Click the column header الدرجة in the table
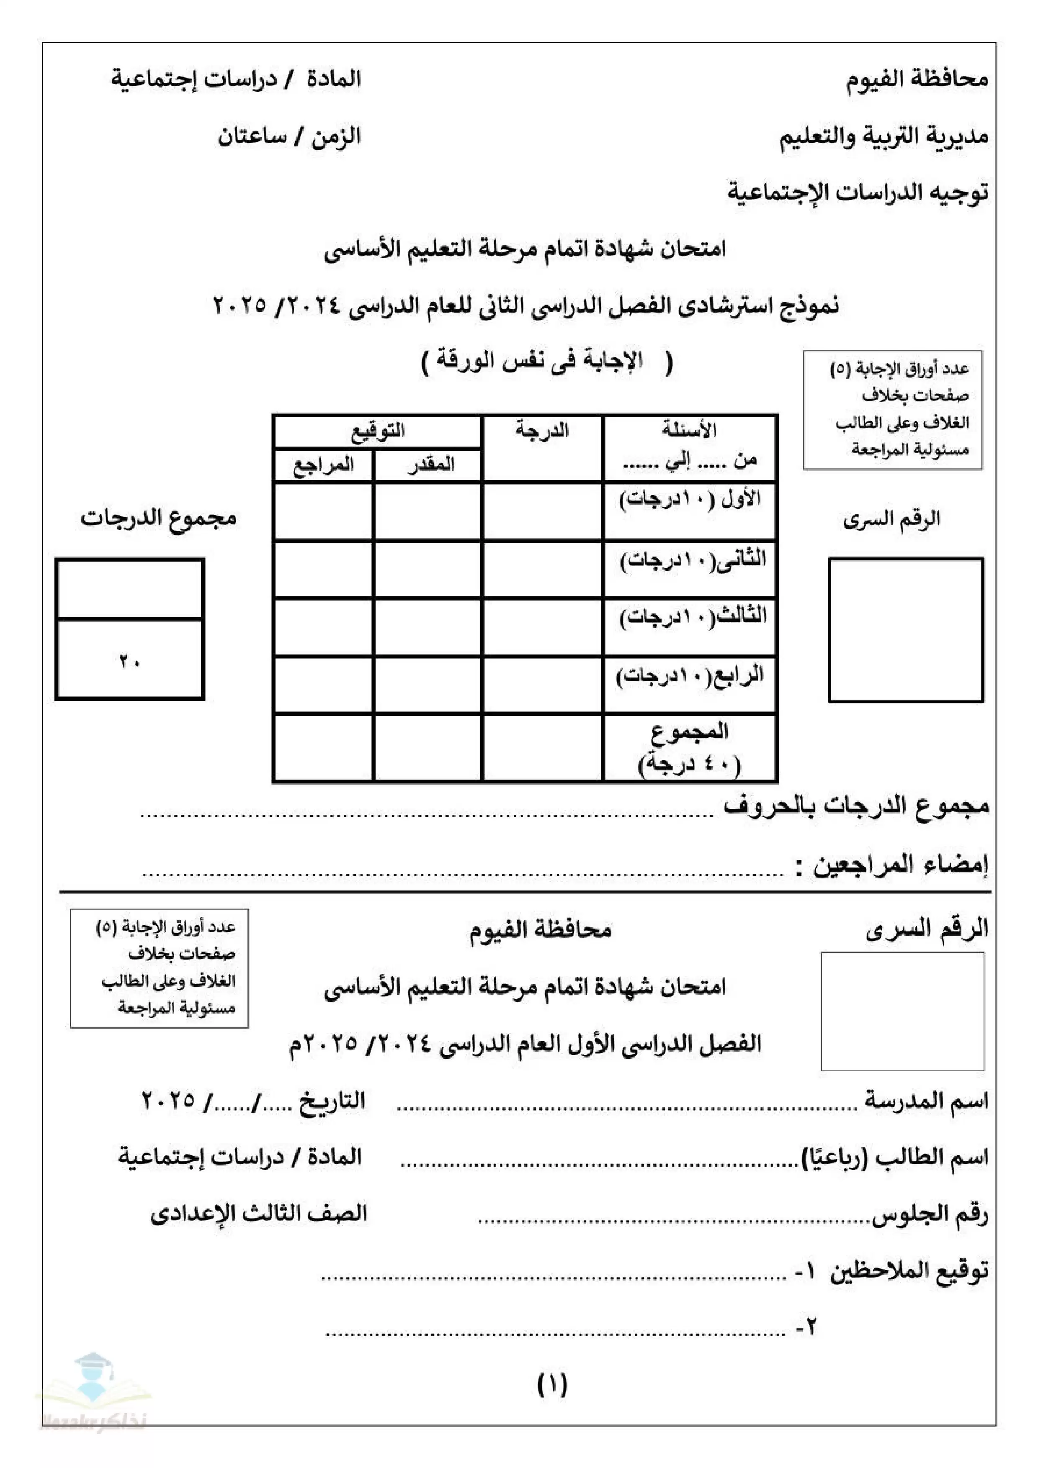(x=542, y=430)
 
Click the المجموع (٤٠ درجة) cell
(x=690, y=747)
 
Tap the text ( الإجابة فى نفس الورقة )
(x=547, y=362)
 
